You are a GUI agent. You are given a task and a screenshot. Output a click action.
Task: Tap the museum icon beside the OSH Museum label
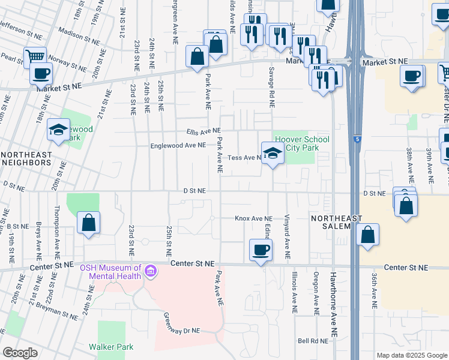pyautogui.click(x=150, y=273)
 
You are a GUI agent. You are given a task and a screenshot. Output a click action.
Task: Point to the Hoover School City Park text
pyautogui.click(x=302, y=143)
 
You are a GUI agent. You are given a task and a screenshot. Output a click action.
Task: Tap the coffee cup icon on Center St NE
pyautogui.click(x=261, y=250)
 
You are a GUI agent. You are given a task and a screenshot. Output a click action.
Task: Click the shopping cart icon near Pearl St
pyautogui.click(x=35, y=56)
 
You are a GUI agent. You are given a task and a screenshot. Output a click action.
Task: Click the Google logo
pyautogui.click(x=20, y=353)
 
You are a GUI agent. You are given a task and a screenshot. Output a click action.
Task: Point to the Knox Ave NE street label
pyautogui.click(x=253, y=219)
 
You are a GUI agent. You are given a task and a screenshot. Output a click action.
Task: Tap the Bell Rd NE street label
pyautogui.click(x=313, y=341)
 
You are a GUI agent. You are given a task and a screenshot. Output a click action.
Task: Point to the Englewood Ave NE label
pyautogui.click(x=178, y=145)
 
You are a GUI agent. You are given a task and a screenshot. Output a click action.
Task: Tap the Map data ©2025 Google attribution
pyautogui.click(x=412, y=355)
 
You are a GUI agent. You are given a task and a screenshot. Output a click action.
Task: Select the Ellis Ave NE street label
pyautogui.click(x=203, y=131)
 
